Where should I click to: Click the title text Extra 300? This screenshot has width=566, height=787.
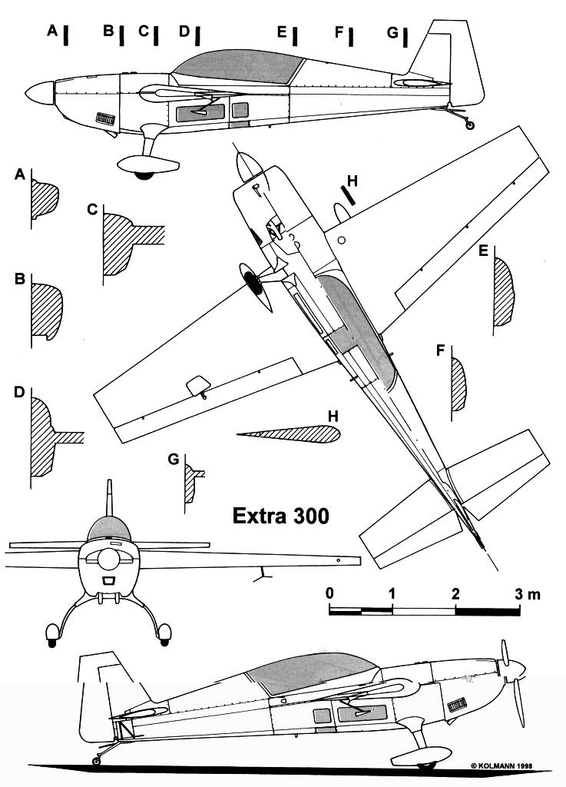point(281,516)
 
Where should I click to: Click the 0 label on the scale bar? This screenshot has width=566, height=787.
point(329,593)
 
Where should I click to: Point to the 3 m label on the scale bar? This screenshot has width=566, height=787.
point(528,593)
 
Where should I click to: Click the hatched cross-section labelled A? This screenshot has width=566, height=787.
point(44,201)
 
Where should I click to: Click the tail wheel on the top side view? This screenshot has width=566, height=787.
point(470,125)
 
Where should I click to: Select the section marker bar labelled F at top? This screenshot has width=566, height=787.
point(351,35)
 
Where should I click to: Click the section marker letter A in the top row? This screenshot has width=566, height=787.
point(52,31)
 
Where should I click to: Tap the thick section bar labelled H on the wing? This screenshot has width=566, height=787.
point(349,194)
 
